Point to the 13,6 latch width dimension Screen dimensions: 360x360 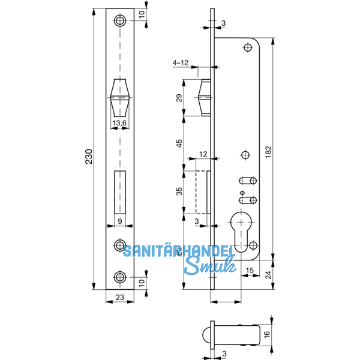pos(120,124)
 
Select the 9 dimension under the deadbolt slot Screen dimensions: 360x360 pos(120,221)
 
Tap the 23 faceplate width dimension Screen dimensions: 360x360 pos(120,304)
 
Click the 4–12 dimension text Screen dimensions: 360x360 pos(181,62)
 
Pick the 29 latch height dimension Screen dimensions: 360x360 pos(179,98)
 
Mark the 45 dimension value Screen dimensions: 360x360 pos(179,144)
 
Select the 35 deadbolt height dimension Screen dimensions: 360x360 pos(179,191)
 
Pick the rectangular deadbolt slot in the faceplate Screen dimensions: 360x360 pos(120,193)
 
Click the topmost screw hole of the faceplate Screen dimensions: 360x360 pos(121,20)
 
